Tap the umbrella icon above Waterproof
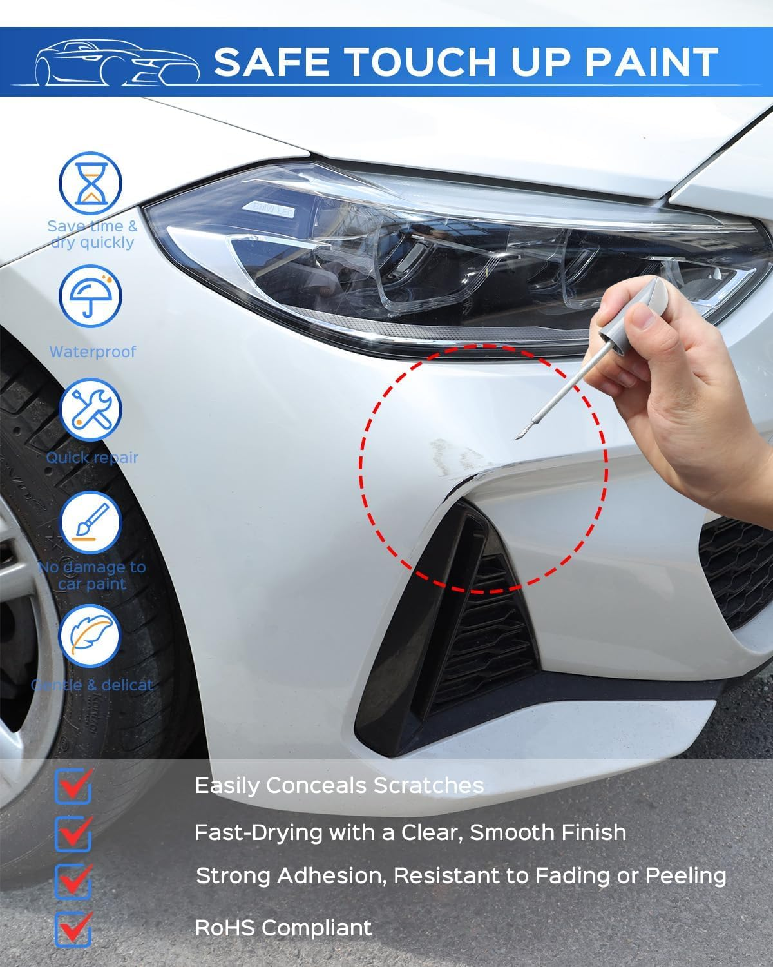point(91,297)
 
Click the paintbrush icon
point(91,522)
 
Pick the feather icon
point(91,634)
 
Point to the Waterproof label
point(93,352)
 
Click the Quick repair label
point(92,458)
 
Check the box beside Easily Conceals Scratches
point(73,786)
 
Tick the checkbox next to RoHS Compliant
point(73,928)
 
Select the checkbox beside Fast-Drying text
point(73,832)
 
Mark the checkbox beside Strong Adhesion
point(73,879)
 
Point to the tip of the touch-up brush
point(515,439)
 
